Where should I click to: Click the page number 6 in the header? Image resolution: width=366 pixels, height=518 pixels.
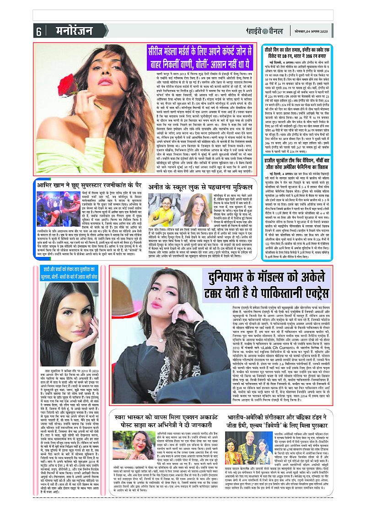pos(39,31)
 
